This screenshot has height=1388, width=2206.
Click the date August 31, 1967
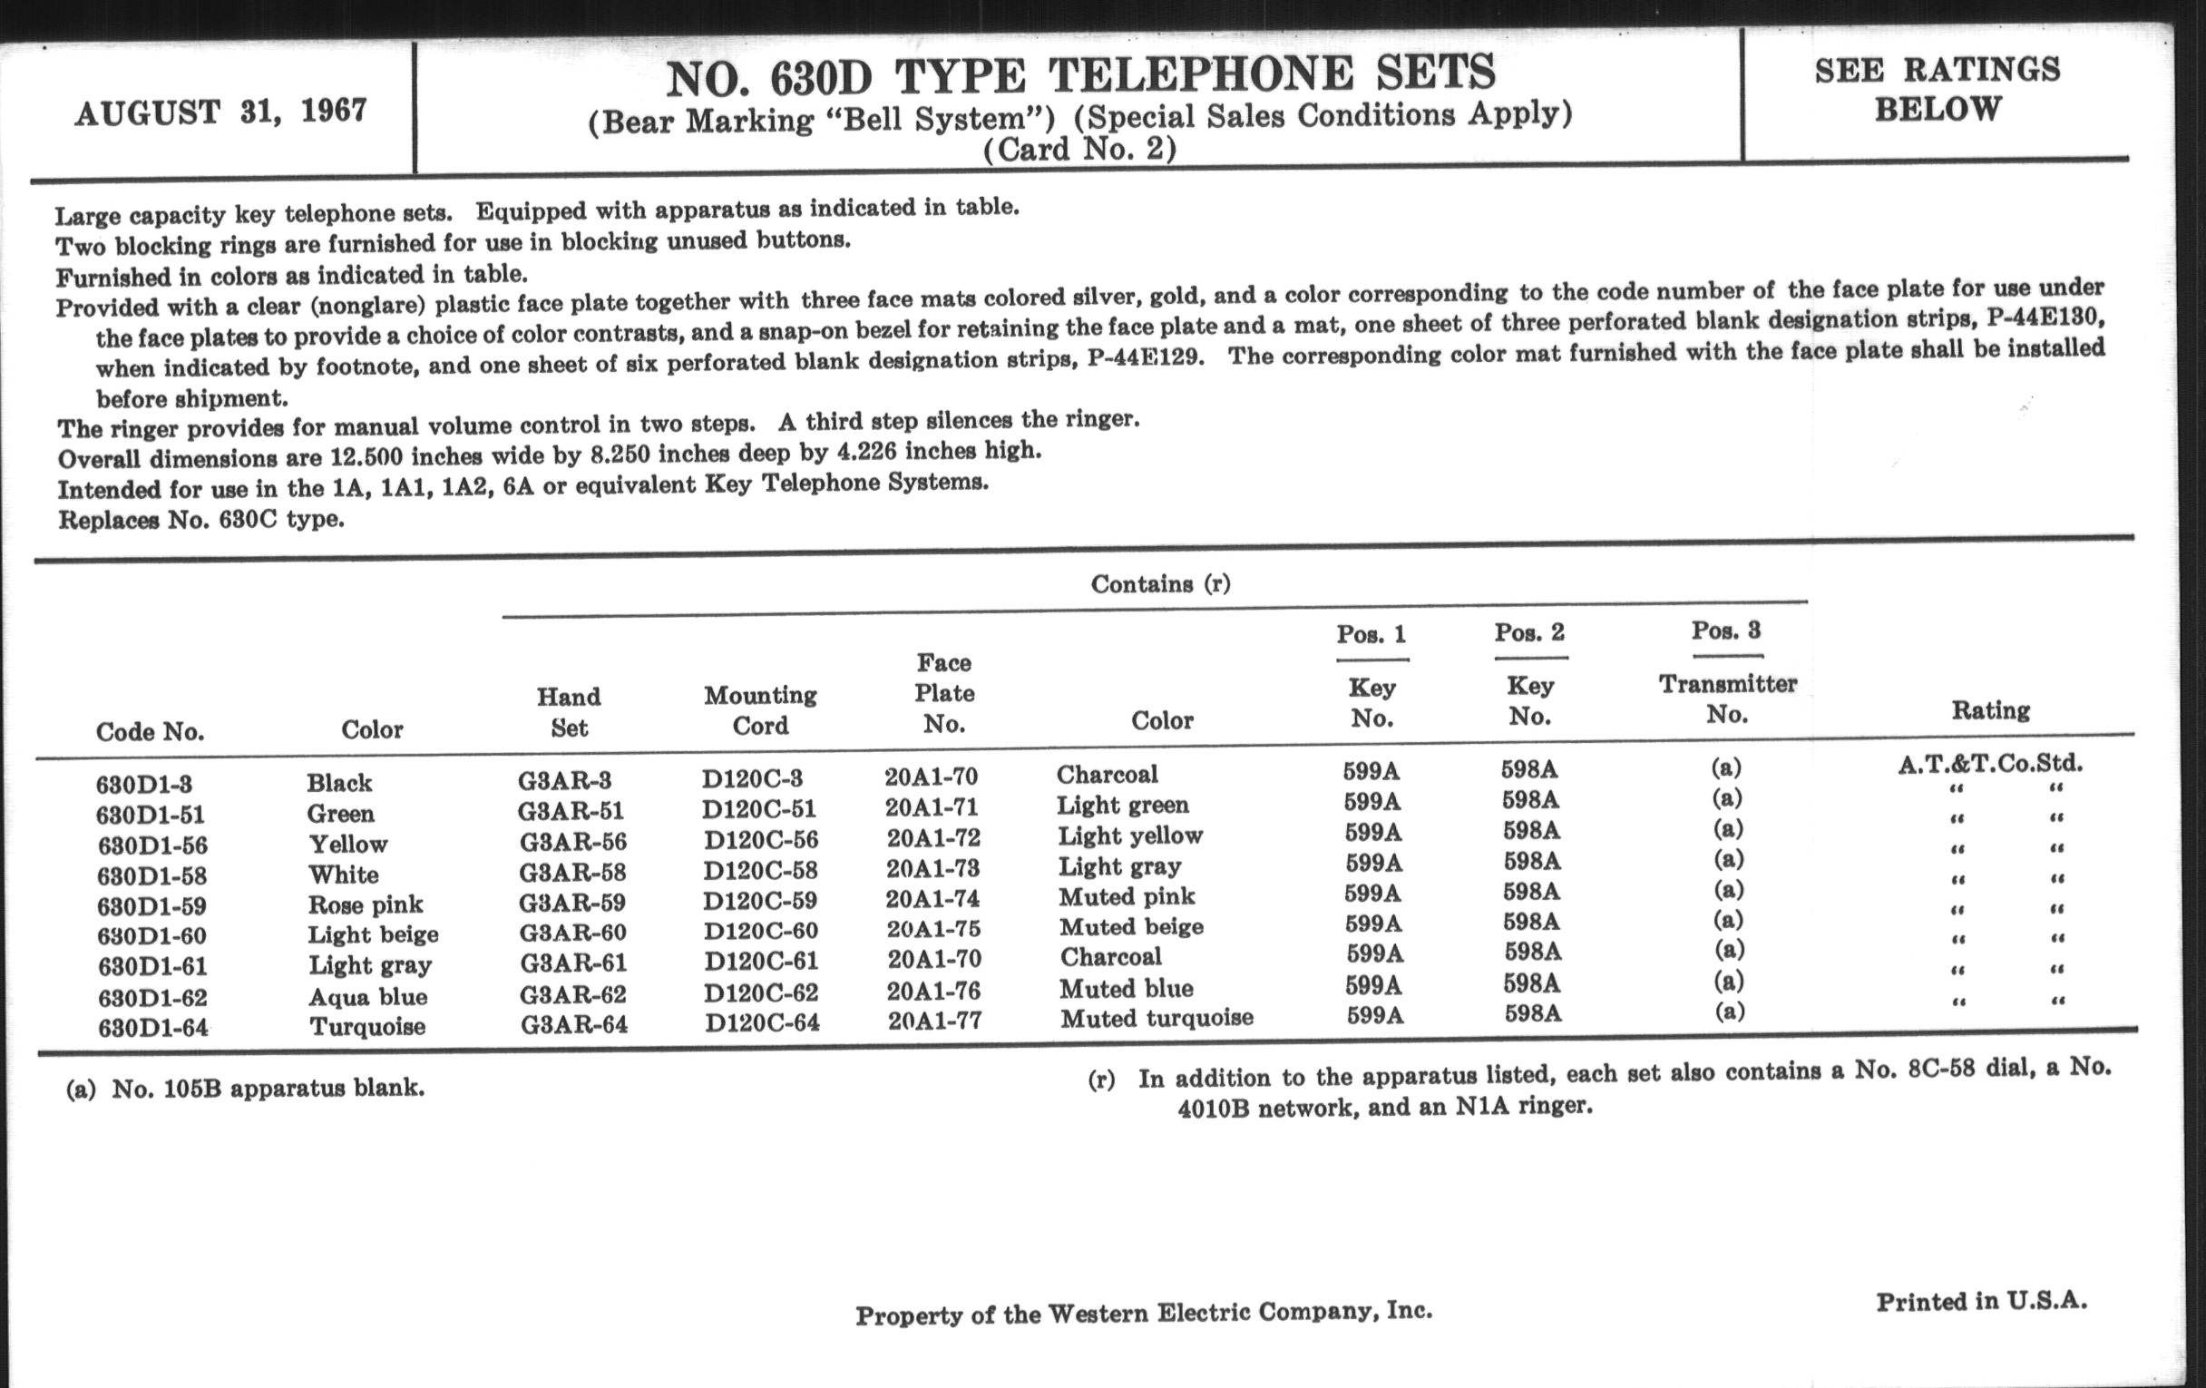coord(220,112)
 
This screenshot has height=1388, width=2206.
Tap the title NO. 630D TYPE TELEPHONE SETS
coord(1081,75)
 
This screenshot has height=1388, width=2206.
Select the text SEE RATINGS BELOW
coord(1937,89)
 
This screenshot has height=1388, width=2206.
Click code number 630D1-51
coord(151,815)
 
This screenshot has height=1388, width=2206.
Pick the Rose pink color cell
coord(366,904)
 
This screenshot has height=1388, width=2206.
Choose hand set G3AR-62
coord(573,993)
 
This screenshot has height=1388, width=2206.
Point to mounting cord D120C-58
coord(760,869)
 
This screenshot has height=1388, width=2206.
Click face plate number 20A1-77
coord(934,1020)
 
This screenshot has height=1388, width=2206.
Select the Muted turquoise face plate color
coord(1157,1018)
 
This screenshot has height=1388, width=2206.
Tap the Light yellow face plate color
coord(1129,836)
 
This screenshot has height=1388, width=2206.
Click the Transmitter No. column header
coord(1727,699)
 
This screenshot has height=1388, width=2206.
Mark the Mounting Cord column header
coord(760,710)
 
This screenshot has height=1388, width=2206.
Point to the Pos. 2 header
coord(1529,632)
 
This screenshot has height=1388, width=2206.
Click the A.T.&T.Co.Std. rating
coord(1990,763)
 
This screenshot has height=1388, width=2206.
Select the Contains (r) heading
coord(1160,583)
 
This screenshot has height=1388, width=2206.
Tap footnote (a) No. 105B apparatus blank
coord(246,1089)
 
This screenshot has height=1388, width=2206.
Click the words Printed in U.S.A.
coord(1981,1301)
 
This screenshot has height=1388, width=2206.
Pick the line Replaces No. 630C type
coord(201,520)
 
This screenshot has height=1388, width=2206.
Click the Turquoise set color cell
coord(367,1026)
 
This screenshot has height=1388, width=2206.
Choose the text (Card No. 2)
coord(1079,149)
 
